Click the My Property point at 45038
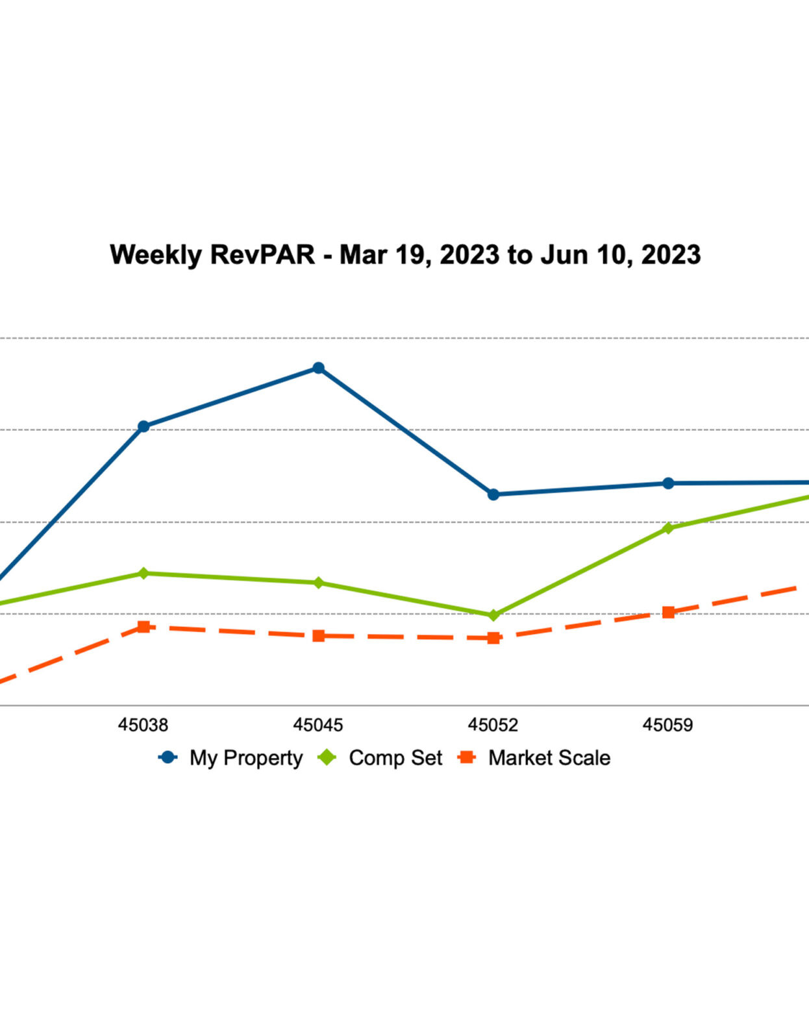(x=143, y=426)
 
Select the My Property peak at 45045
(x=318, y=368)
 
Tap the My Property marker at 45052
(x=493, y=494)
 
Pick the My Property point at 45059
(x=668, y=483)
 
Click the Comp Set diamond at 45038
(x=143, y=573)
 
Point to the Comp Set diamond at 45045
(x=318, y=583)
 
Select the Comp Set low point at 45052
(x=493, y=615)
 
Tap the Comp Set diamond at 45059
(x=668, y=528)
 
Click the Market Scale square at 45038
(x=143, y=627)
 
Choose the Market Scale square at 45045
(x=318, y=635)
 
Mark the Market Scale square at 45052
(x=493, y=638)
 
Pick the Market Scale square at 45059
(x=668, y=612)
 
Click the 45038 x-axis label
(x=143, y=724)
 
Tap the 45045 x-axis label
(x=318, y=724)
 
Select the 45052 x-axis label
(x=493, y=724)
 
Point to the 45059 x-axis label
(x=668, y=724)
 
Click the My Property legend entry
(x=245, y=758)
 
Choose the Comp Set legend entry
(x=395, y=758)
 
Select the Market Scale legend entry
(x=549, y=758)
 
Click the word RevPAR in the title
(x=262, y=254)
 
